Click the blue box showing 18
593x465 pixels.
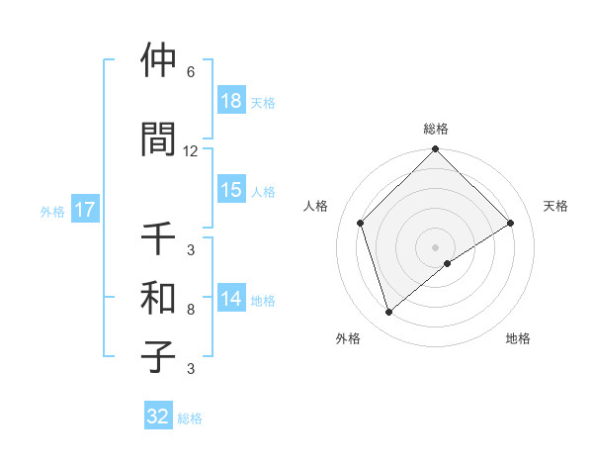click(x=231, y=101)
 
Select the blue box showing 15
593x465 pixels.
click(x=231, y=190)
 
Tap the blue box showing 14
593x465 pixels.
click(x=231, y=299)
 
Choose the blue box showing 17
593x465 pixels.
click(x=84, y=210)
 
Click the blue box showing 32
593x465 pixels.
click(x=158, y=417)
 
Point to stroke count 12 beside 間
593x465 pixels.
click(x=191, y=151)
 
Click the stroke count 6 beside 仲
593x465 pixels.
click(x=191, y=72)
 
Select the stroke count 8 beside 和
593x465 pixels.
click(x=191, y=310)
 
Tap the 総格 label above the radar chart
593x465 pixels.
click(x=436, y=129)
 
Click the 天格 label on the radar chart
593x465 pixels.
click(x=555, y=206)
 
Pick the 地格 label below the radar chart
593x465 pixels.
click(x=518, y=338)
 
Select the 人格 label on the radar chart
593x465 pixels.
click(x=315, y=206)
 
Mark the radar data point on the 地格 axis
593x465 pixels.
click(x=448, y=263)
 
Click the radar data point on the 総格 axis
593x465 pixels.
click(x=436, y=150)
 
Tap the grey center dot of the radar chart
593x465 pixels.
click(x=436, y=246)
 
